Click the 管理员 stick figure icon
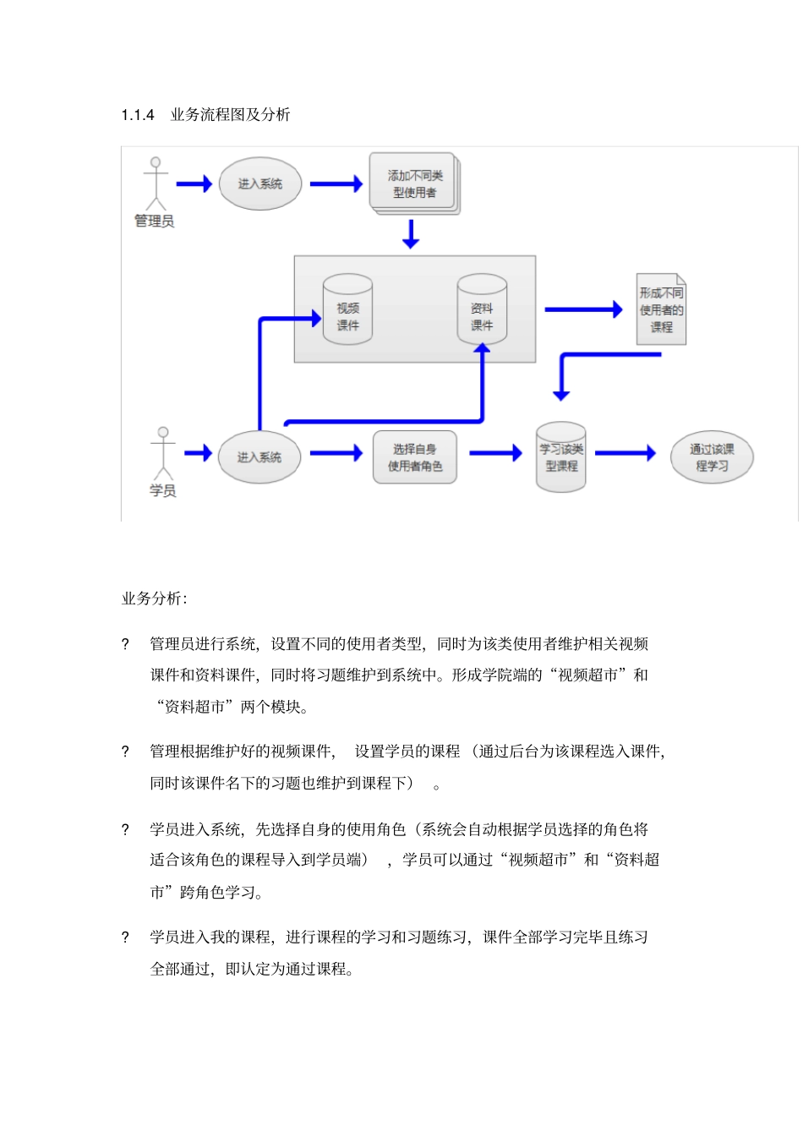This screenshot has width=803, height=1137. [156, 183]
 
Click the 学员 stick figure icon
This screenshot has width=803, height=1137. [163, 454]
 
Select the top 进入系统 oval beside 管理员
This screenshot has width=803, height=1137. [259, 183]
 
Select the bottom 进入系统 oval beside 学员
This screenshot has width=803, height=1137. [259, 457]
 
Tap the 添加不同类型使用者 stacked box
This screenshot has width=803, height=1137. [414, 183]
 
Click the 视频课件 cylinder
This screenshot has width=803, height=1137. [347, 309]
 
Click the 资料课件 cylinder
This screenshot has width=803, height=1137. [482, 309]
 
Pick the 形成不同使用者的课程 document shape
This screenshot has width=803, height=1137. [661, 309]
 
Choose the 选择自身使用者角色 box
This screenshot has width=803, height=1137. [414, 457]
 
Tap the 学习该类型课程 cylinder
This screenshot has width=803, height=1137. [561, 457]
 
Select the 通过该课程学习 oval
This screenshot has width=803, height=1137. [712, 457]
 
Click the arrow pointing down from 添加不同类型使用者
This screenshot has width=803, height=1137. [411, 234]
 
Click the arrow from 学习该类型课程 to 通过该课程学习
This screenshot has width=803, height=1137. [625, 453]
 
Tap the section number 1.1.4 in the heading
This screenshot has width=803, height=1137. [138, 115]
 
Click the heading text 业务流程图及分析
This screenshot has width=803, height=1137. [230, 115]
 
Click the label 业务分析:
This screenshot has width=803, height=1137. [155, 599]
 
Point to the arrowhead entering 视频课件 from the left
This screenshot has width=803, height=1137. [316, 318]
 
